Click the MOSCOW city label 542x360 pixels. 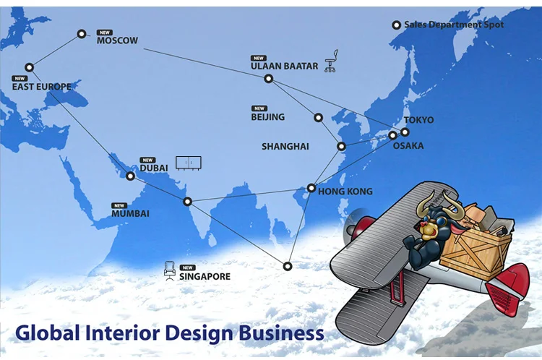117,40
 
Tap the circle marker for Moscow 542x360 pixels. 82,33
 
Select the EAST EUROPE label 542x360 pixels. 41,87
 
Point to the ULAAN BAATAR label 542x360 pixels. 284,66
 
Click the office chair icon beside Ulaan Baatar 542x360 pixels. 331,62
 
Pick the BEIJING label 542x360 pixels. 267,116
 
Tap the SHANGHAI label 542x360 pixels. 285,146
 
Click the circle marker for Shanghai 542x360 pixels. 342,147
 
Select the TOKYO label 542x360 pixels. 418,120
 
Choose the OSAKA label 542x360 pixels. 408,146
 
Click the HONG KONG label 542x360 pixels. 345,192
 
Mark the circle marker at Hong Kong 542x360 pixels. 311,188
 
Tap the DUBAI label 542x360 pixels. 153,168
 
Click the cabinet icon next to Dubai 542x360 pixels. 189,163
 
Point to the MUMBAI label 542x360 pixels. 130,213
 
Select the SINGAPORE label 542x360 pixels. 205,276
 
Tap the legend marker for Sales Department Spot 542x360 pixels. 396,25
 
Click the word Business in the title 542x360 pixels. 278,333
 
